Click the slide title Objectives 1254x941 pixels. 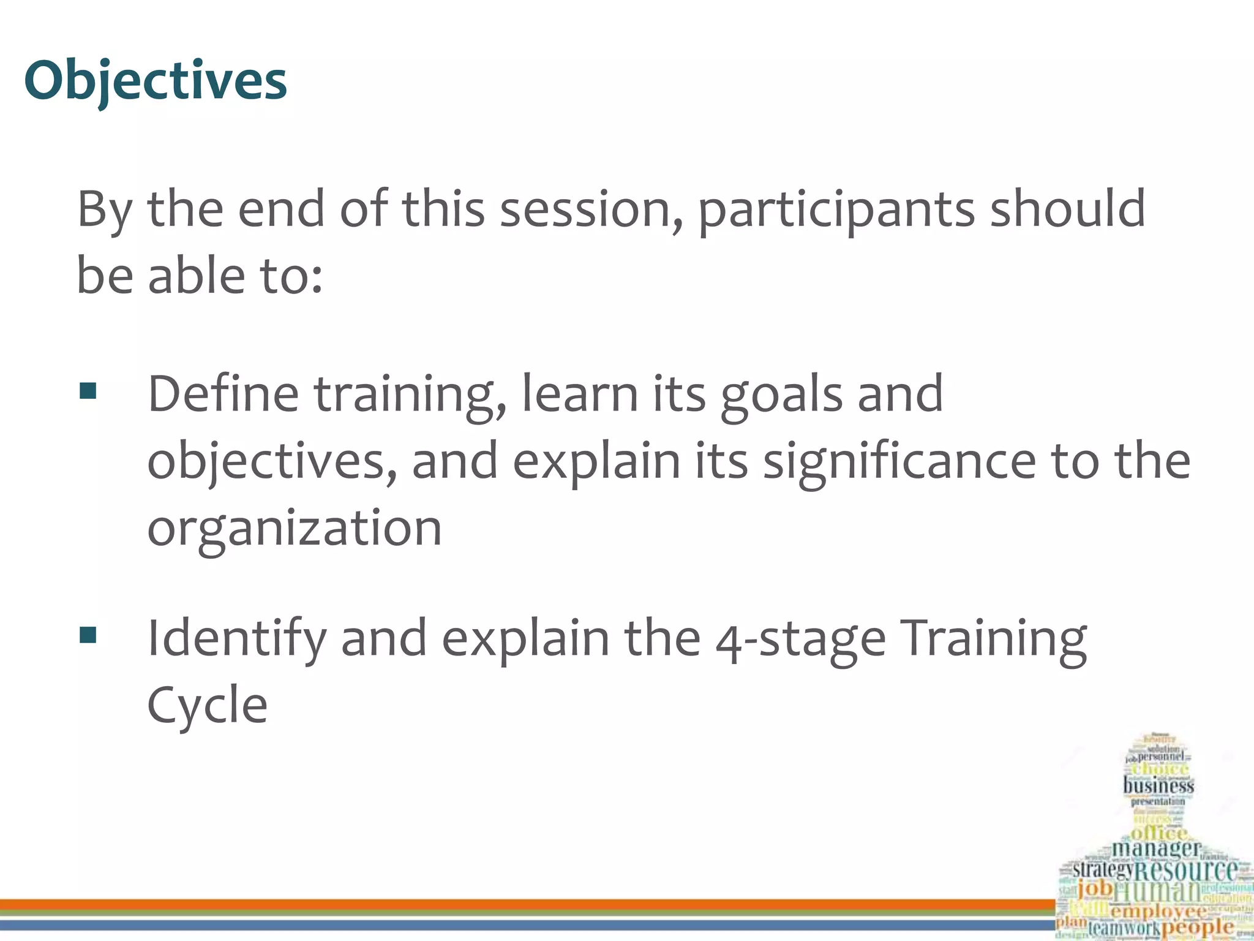coord(156,81)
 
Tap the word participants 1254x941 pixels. coord(836,210)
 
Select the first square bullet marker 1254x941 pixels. coord(88,391)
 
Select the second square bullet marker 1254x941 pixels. coord(88,635)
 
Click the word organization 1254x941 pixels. coord(295,528)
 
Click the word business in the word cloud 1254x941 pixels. coord(1158,785)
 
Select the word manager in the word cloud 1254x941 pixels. coord(1155,848)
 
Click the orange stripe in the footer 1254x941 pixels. coord(527,904)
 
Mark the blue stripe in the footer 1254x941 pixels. coord(527,924)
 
